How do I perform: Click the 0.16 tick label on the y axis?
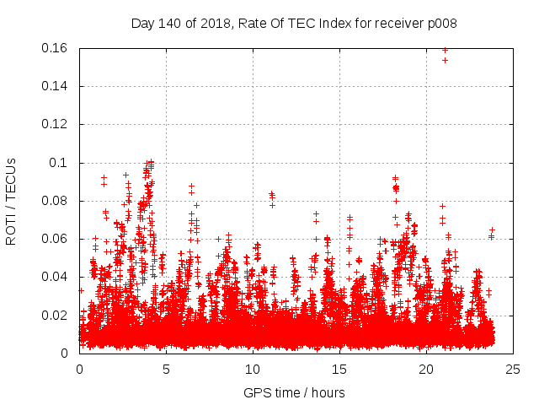coord(56,48)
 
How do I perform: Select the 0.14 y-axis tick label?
coord(56,86)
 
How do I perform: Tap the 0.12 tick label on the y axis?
coord(56,124)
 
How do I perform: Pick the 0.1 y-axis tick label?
coord(61,163)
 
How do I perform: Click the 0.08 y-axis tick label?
coord(56,201)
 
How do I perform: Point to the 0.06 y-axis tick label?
coord(56,239)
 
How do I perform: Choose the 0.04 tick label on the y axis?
coord(56,277)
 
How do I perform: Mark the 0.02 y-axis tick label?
coord(56,316)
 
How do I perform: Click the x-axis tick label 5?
coord(166,369)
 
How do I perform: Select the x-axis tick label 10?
coord(253,369)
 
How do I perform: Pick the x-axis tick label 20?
coord(426,369)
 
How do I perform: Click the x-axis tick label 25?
coord(513,369)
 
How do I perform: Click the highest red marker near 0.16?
coord(445,50)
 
